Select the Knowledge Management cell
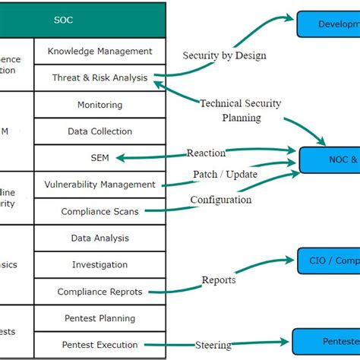99,51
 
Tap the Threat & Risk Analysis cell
99,77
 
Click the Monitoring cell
99,105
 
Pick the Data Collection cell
99,131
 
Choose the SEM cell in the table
99,158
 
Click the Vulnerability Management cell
99,185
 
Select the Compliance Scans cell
99,211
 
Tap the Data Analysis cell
99,238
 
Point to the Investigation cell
99,264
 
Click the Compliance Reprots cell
99,292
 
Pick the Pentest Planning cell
99,318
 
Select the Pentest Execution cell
99,345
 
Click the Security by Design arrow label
224,55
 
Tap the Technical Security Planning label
241,111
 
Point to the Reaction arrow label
207,153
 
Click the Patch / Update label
225,174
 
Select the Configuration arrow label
220,200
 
